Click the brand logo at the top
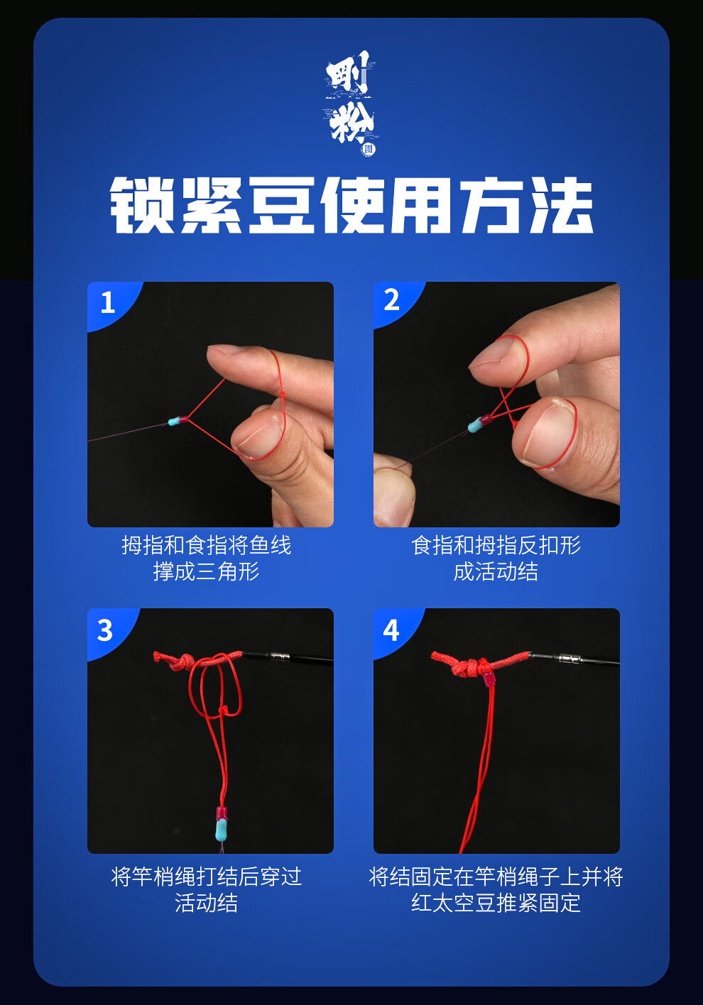[x=351, y=103]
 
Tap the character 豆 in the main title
[x=282, y=205]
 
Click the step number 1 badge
[x=108, y=302]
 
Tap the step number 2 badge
[x=391, y=300]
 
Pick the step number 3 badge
[x=105, y=630]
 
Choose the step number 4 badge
[x=391, y=630]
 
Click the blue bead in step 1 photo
[x=174, y=422]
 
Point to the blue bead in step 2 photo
[x=474, y=425]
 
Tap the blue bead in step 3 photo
[x=222, y=831]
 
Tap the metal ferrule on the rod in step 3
[x=279, y=657]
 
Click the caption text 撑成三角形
[x=206, y=572]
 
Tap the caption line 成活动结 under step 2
[x=496, y=572]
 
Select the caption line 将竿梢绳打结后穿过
[x=206, y=877]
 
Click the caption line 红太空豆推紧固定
[x=496, y=904]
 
